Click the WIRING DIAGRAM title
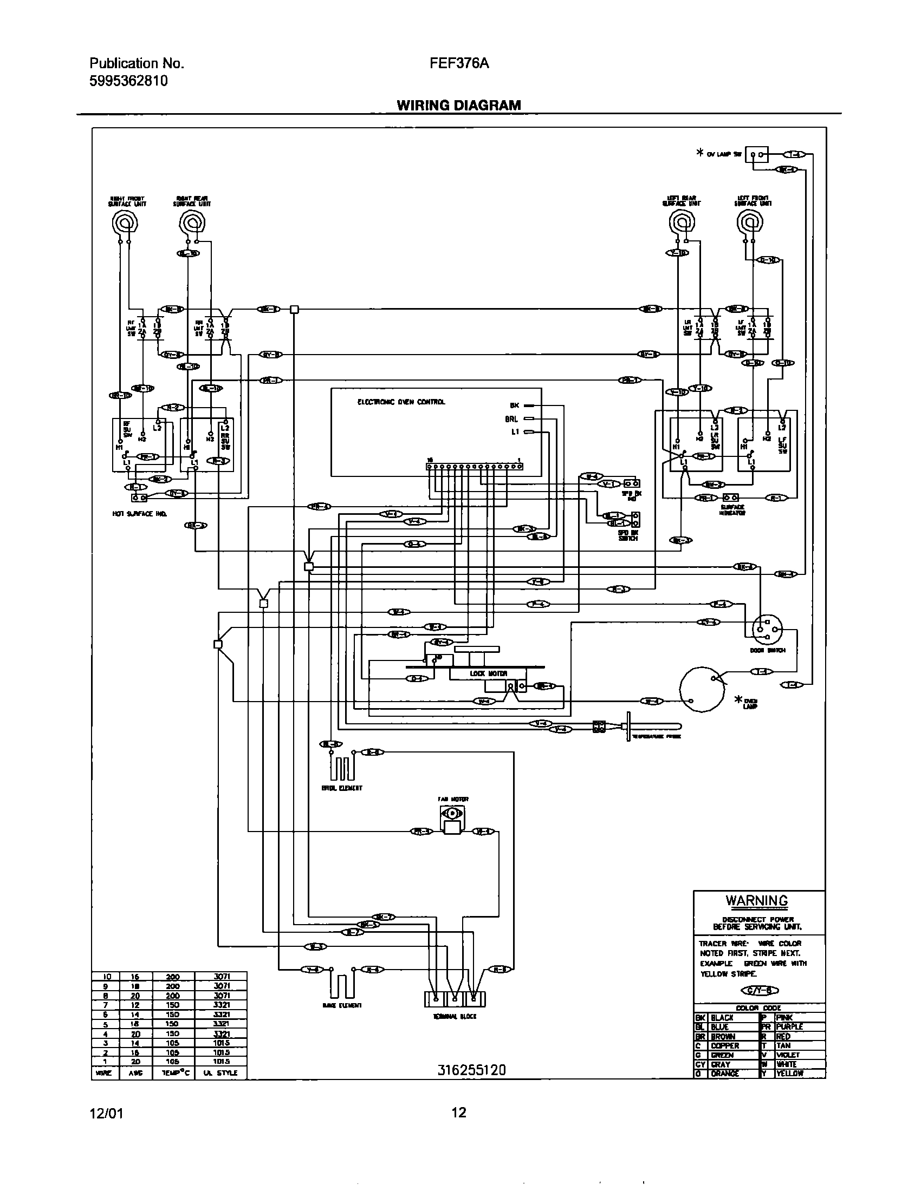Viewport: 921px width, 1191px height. point(458,104)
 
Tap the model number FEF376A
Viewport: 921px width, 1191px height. point(459,63)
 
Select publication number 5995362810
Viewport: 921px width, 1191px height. point(128,81)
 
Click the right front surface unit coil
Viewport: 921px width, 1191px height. point(125,222)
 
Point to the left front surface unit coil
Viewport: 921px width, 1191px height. point(750,222)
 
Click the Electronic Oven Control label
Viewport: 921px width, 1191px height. point(401,402)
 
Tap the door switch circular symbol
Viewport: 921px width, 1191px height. point(767,630)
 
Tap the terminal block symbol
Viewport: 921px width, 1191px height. point(455,998)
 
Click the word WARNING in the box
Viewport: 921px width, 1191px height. point(756,900)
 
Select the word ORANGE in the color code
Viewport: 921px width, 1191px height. point(724,1073)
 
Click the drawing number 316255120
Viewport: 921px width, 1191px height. point(471,1070)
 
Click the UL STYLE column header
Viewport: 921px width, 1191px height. point(220,1072)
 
